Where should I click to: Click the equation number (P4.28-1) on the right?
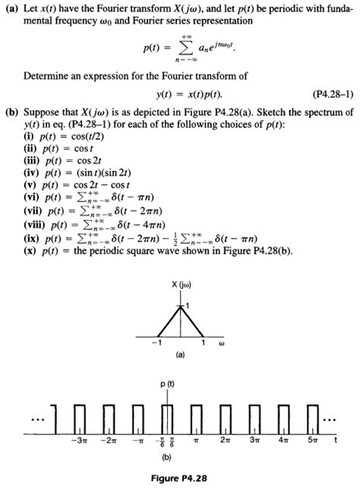[328, 96]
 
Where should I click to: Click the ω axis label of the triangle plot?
[222, 341]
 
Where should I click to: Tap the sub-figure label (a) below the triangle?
[180, 354]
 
